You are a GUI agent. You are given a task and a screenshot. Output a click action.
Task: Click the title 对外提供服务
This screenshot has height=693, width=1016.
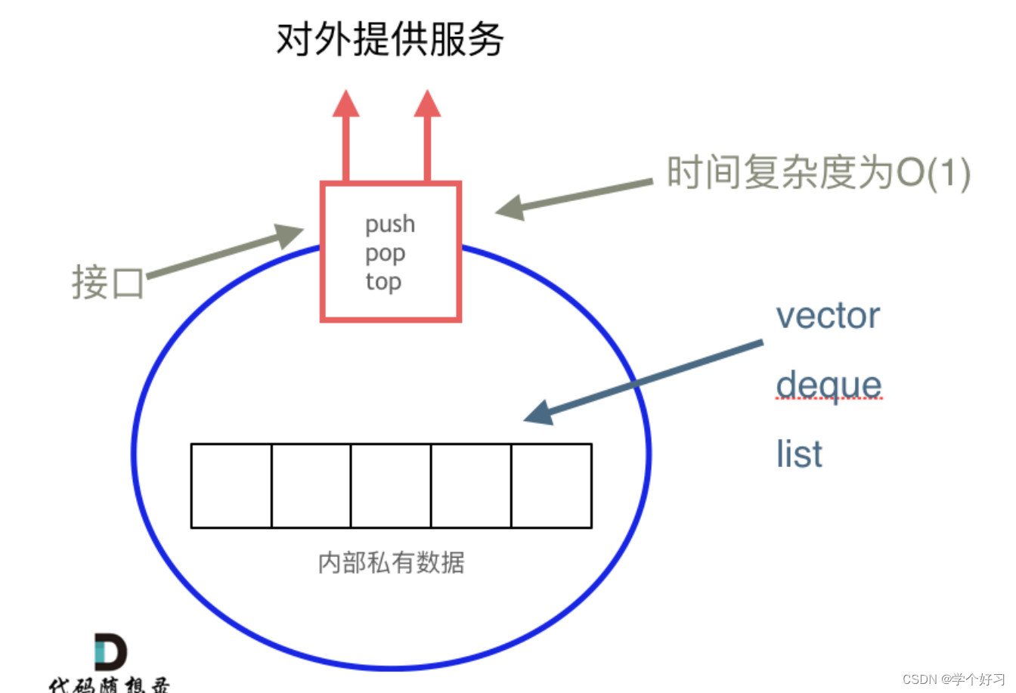coord(389,39)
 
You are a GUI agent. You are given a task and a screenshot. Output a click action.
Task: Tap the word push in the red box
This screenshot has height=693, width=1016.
coord(390,224)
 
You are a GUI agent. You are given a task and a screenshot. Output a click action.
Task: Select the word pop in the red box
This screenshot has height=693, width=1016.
coord(386,254)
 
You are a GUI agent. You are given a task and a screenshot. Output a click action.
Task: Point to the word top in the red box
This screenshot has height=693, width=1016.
coord(383,282)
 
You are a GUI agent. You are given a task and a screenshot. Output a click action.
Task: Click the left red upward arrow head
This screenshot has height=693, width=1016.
coord(345,104)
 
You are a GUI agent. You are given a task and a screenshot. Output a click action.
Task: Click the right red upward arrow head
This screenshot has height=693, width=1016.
coord(427,104)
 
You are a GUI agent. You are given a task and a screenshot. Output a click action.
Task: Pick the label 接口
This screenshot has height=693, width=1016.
coord(107,283)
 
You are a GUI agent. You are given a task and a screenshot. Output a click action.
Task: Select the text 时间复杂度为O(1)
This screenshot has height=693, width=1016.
coord(818,173)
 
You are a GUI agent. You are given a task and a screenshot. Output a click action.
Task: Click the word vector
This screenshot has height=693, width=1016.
coord(828,316)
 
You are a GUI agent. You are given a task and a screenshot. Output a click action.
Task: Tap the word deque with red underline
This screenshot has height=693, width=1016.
coord(829,385)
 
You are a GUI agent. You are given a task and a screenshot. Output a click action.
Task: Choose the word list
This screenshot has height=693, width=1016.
coord(799,454)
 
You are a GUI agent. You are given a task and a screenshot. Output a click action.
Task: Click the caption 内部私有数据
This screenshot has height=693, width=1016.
coord(391,563)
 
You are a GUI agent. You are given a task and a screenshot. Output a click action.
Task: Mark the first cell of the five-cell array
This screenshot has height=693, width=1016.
coord(231,485)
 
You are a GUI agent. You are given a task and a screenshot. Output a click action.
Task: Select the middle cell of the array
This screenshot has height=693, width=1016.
coord(391,485)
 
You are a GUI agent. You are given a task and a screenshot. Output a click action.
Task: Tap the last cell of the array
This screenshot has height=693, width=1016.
coord(551,485)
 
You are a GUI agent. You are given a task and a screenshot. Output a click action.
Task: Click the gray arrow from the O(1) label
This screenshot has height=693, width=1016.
coord(575,195)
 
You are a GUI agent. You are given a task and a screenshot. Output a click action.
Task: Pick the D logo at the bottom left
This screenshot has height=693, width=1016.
coord(110,652)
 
